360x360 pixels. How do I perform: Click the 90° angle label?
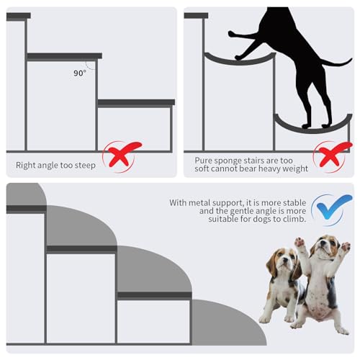[79, 73]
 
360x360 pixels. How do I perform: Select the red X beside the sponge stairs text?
[333, 155]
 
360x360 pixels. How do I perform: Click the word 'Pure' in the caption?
[205, 161]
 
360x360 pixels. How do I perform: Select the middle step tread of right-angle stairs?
[64, 55]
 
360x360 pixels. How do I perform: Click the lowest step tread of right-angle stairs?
[136, 102]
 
